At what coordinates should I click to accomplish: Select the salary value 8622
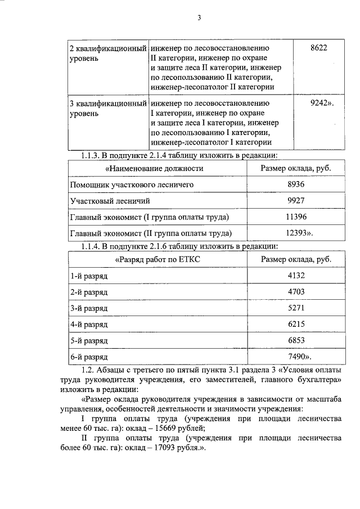(318, 48)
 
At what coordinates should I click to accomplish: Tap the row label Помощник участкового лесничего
(132, 184)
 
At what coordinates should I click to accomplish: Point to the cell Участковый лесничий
(110, 201)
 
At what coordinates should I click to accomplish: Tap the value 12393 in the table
(296, 233)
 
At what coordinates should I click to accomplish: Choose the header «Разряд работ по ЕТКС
(157, 259)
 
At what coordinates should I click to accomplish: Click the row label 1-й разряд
(89, 276)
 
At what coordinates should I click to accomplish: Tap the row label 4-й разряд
(89, 325)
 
